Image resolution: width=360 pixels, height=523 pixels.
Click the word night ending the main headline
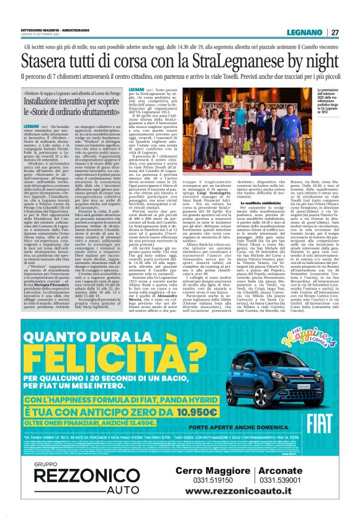(322, 62)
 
